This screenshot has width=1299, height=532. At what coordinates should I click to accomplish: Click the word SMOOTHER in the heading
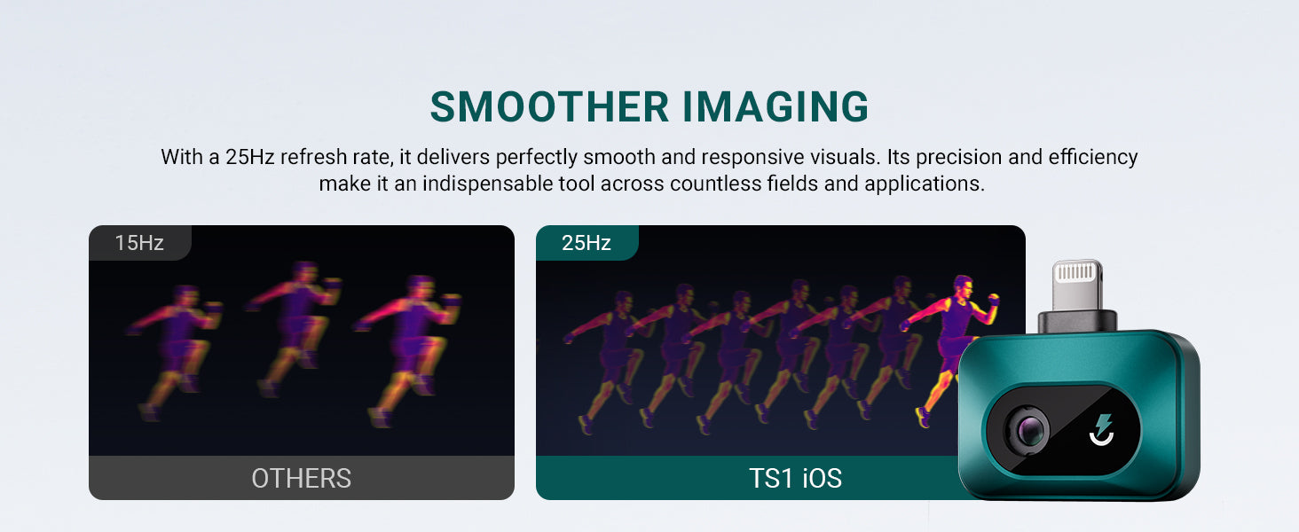[549, 106]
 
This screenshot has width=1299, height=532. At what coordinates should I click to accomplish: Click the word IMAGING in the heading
[775, 106]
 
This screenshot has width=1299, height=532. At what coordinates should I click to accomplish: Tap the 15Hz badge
[139, 243]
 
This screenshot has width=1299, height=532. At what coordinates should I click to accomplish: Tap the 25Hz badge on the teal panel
[587, 243]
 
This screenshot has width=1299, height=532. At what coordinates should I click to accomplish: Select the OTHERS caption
[302, 479]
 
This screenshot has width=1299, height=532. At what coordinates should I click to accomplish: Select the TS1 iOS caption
[796, 479]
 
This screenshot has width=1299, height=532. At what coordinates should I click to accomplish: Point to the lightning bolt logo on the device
[1101, 429]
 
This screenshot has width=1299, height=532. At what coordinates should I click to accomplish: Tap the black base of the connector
[1077, 321]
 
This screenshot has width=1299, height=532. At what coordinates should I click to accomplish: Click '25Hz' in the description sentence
[250, 157]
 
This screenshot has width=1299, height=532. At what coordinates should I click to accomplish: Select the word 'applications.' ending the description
[925, 184]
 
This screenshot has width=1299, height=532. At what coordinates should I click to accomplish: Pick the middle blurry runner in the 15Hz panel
[294, 327]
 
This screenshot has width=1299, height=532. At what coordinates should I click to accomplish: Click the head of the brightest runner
[963, 286]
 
